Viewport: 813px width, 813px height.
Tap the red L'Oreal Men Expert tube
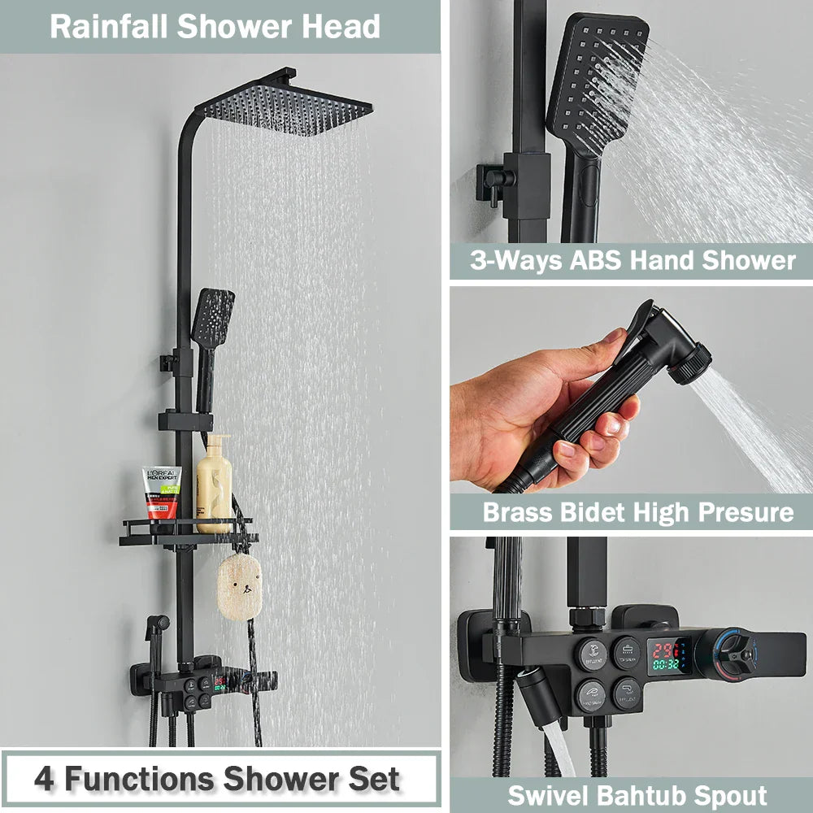[163, 493]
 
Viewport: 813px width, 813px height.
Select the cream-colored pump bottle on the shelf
[215, 485]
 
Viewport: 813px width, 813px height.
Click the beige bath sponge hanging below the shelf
[239, 585]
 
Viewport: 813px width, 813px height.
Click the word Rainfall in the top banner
[109, 27]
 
